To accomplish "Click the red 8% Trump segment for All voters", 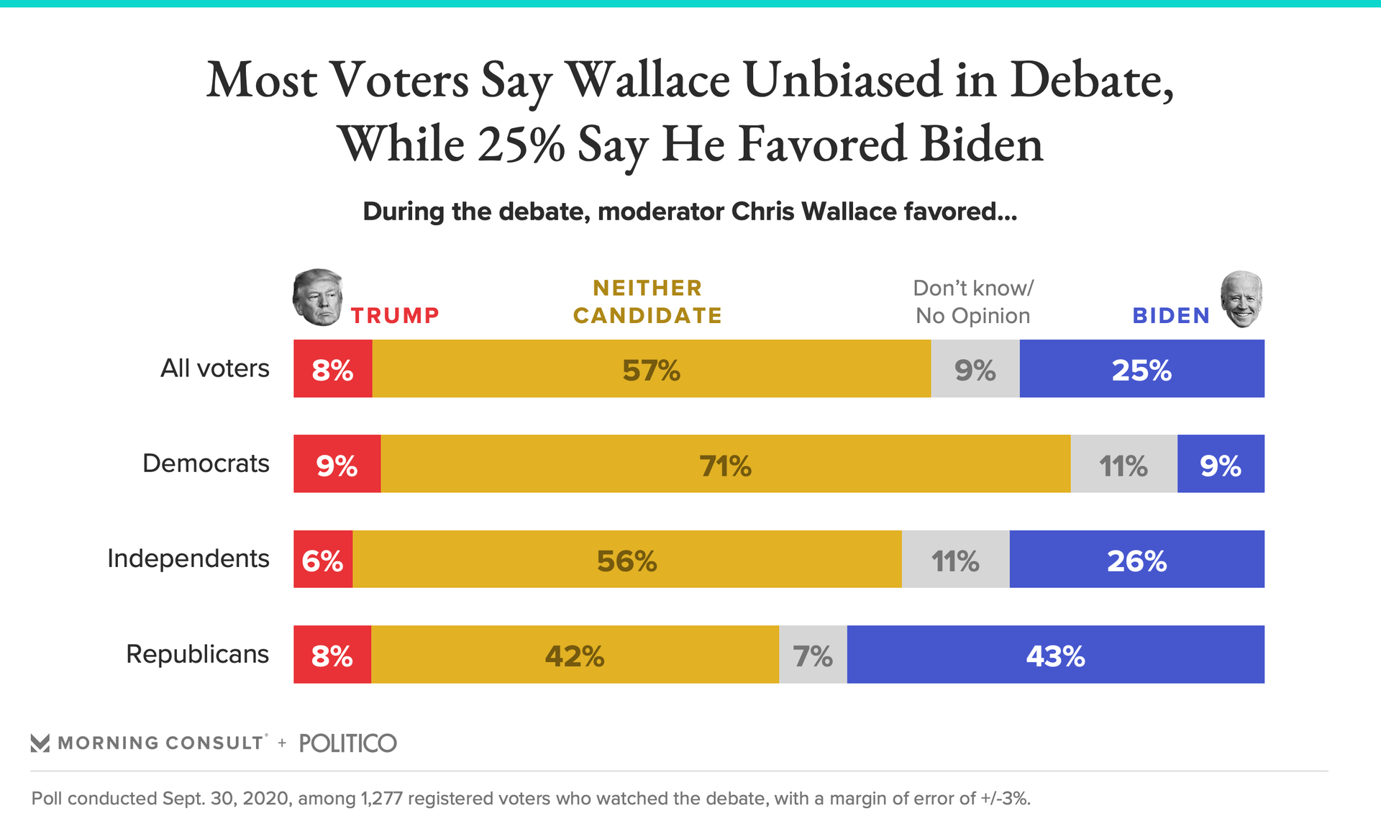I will click(332, 368).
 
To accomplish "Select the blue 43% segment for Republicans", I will click(1055, 655).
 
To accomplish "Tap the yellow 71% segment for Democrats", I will click(725, 464).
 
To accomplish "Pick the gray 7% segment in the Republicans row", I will click(813, 655).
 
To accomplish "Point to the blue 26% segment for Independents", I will click(1136, 560).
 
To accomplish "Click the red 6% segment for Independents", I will click(323, 560).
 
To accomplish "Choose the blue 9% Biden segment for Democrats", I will click(1221, 464).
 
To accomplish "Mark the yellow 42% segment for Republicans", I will click(574, 655).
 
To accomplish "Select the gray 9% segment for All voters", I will click(975, 368).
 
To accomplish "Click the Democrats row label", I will click(206, 463).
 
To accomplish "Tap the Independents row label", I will click(188, 558).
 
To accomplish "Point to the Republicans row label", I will click(198, 654).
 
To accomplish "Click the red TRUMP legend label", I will click(395, 315).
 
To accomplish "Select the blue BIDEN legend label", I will click(1171, 315).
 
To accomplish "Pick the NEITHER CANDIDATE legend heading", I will click(647, 302).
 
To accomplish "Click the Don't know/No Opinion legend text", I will click(972, 302).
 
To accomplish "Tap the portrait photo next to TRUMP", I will click(318, 297).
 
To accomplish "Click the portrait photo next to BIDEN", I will click(1241, 299).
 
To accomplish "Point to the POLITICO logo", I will click(347, 743).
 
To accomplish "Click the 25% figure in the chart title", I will click(521, 144).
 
